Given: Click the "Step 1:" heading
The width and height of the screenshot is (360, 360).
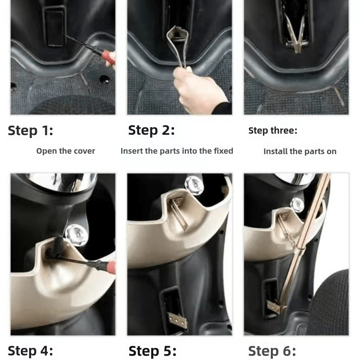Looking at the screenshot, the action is (x=30, y=131).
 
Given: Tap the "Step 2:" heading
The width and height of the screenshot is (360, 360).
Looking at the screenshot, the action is (x=151, y=130).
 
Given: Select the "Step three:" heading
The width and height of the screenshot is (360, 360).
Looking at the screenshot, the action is (x=273, y=131).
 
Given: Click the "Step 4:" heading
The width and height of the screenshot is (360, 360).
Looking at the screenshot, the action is (x=30, y=351).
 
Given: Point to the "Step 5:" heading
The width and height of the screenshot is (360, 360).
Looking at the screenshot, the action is (x=152, y=351).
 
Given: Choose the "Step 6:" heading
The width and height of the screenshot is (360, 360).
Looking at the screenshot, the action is (x=272, y=351).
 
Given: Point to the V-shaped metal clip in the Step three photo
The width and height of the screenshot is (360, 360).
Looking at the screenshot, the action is (x=296, y=34).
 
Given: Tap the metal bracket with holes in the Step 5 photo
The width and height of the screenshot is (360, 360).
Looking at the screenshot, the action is (x=177, y=320).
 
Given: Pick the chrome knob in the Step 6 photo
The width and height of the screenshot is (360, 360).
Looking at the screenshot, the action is (x=298, y=205).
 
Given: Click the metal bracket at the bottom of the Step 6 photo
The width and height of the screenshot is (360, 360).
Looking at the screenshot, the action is (x=274, y=306).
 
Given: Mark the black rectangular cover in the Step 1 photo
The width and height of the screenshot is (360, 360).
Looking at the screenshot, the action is (x=55, y=26).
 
